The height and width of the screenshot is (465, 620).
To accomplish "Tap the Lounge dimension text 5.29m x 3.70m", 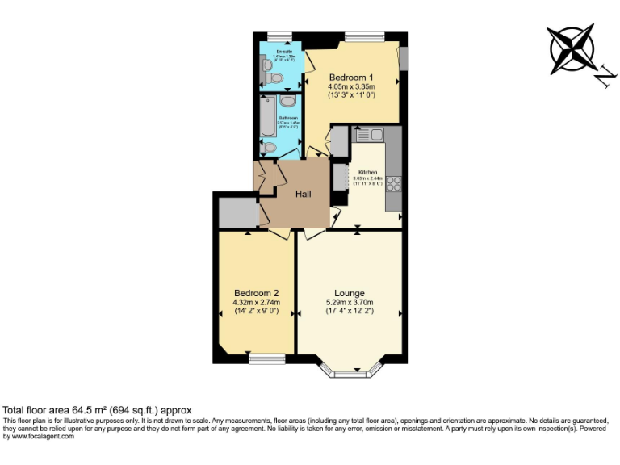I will click(350, 302).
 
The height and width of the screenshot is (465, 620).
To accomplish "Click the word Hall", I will click(304, 195).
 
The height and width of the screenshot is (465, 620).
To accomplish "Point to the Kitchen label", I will click(367, 172).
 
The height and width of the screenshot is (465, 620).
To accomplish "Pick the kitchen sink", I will click(370, 134).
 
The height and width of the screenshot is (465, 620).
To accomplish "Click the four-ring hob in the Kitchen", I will click(394, 183).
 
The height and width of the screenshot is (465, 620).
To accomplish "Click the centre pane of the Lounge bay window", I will click(350, 374).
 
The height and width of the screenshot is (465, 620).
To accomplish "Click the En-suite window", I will click(279, 36).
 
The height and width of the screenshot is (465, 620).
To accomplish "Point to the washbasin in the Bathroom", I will click(288, 102).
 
